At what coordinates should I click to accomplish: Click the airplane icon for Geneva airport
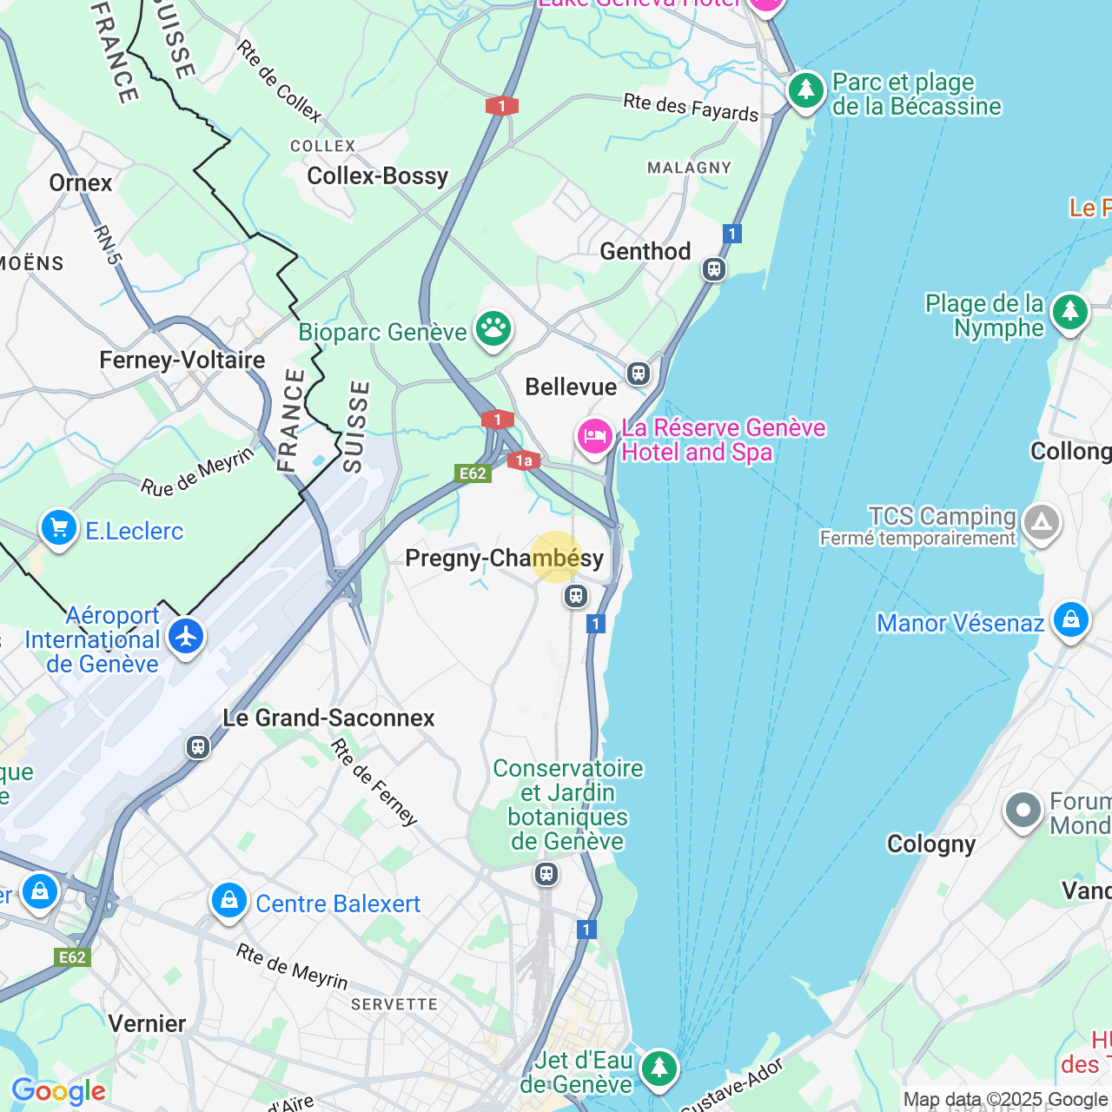pyautogui.click(x=186, y=637)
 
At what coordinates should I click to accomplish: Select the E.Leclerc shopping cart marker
pyautogui.click(x=59, y=527)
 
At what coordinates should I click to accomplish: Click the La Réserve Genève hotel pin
pyautogui.click(x=595, y=436)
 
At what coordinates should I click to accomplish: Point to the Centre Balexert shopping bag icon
pyautogui.click(x=228, y=901)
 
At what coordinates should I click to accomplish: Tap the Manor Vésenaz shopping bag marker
pyautogui.click(x=1070, y=620)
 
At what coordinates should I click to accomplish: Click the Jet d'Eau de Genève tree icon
pyautogui.click(x=659, y=1068)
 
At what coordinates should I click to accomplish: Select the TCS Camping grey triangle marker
pyautogui.click(x=1041, y=523)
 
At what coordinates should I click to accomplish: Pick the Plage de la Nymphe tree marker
pyautogui.click(x=1069, y=312)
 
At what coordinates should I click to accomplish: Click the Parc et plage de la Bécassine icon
pyautogui.click(x=806, y=90)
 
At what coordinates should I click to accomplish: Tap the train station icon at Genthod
pyautogui.click(x=714, y=269)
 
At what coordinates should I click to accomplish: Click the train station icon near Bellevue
pyautogui.click(x=639, y=374)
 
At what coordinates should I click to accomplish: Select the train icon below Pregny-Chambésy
pyautogui.click(x=575, y=596)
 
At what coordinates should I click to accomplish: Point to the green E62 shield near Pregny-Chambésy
pyautogui.click(x=473, y=473)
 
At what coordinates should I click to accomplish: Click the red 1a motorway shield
pyautogui.click(x=524, y=461)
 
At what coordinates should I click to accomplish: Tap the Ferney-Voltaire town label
pyautogui.click(x=182, y=361)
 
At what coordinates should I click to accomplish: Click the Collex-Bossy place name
pyautogui.click(x=378, y=176)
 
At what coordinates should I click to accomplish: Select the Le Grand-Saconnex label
pyautogui.click(x=328, y=718)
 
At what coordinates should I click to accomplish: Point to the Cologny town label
pyautogui.click(x=931, y=844)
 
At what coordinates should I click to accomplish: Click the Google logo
pyautogui.click(x=58, y=1091)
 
